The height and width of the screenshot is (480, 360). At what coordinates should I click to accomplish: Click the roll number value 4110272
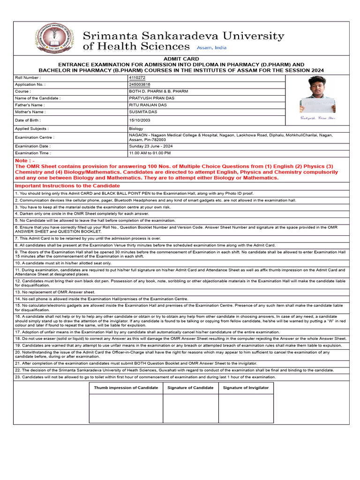(137, 77)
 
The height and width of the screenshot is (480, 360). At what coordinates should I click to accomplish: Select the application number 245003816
(140, 84)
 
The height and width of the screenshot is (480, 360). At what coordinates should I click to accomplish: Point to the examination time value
(150, 153)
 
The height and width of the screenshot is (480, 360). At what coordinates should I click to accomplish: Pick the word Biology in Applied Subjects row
(136, 128)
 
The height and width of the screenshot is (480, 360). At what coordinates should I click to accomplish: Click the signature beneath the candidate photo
(317, 118)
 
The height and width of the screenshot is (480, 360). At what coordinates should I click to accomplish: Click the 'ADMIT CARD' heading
(181, 59)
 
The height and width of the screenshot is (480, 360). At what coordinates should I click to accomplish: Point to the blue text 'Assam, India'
(211, 48)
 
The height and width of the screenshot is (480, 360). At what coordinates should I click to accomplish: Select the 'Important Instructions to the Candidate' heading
(67, 186)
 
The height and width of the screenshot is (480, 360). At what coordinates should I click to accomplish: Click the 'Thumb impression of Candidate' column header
(126, 388)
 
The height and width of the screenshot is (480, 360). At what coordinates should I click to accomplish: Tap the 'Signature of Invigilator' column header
(246, 388)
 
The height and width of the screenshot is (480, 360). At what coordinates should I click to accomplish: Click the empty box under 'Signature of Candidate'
(190, 408)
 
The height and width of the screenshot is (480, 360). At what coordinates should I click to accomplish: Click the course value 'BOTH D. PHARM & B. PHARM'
(158, 91)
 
